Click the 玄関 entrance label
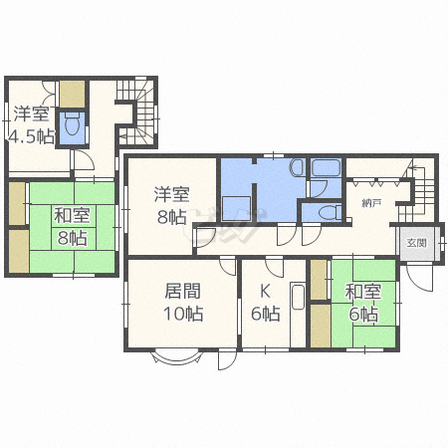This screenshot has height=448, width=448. pyautogui.click(x=416, y=243)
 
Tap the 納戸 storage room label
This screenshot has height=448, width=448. pyautogui.click(x=371, y=203)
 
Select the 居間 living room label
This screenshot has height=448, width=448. pyautogui.click(x=183, y=292)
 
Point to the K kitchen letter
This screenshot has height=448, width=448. pyautogui.click(x=265, y=292)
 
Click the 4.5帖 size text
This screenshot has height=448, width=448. pyautogui.click(x=32, y=136)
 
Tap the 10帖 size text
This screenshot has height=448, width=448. pyautogui.click(x=183, y=314)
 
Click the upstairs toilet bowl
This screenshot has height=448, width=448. pyautogui.click(x=72, y=125)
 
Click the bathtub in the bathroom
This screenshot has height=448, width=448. pyautogui.click(x=326, y=168)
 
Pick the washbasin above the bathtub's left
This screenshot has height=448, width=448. pyautogui.click(x=297, y=167)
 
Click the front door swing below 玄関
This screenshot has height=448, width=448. pyautogui.click(x=420, y=277)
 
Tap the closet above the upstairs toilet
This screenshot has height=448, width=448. pyautogui.click(x=72, y=94)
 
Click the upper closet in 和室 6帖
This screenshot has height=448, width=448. pyautogui.click(x=320, y=280)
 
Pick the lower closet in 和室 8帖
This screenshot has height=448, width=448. pyautogui.click(x=19, y=251)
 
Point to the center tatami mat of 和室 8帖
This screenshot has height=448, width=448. pyautogui.click(x=74, y=227)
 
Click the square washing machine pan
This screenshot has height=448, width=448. pyautogui.click(x=236, y=208)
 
